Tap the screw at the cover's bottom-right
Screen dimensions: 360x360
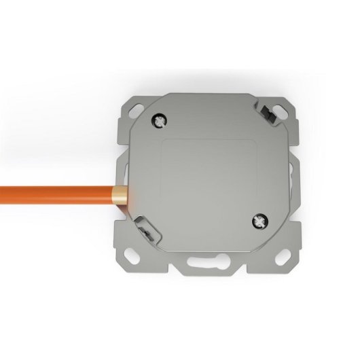point(261,221)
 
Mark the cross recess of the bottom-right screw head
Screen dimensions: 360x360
point(261,221)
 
